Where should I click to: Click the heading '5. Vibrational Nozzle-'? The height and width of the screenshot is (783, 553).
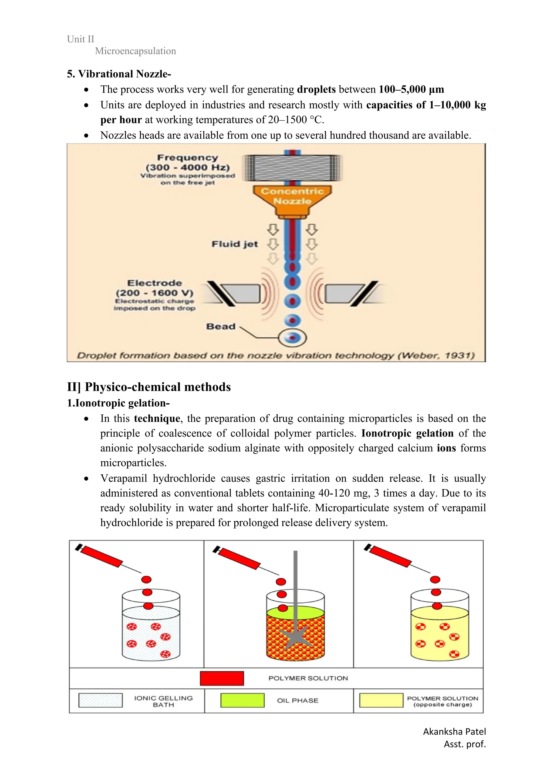pos(119,74)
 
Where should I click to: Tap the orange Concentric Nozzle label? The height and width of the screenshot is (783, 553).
pos(292,196)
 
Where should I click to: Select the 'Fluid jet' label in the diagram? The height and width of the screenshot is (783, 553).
pos(235,244)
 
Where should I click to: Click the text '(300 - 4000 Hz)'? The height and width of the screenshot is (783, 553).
pos(188,168)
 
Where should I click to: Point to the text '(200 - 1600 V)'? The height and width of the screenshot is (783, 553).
pos(154,293)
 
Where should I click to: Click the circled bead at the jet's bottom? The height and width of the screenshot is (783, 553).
pos(292,338)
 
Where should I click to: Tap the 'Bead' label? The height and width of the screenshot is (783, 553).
pos(221,326)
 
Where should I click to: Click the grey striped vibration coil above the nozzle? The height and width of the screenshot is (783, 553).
pos(293,168)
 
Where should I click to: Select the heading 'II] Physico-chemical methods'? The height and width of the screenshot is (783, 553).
pos(149,387)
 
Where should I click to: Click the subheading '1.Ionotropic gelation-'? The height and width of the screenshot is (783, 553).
pos(118,403)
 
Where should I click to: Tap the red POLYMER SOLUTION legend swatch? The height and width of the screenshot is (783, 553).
pos(222,678)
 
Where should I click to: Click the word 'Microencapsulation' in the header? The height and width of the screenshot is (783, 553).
pos(135,51)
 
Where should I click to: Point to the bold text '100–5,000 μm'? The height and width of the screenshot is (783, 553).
pos(411,89)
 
